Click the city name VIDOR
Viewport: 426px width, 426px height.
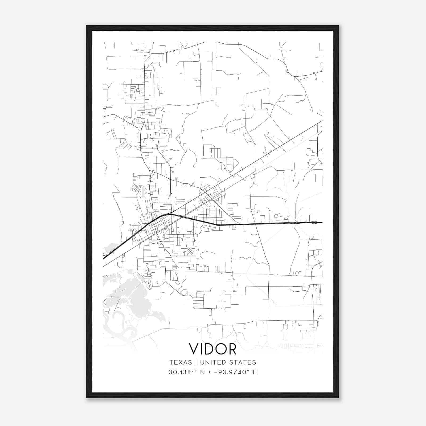click(x=212, y=349)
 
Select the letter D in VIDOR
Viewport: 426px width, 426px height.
click(x=208, y=349)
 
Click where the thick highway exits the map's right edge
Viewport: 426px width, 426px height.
click(x=322, y=222)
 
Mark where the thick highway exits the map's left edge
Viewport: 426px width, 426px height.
click(x=104, y=258)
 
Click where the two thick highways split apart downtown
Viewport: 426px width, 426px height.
click(x=169, y=214)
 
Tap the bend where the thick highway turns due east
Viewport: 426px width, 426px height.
click(x=218, y=225)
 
